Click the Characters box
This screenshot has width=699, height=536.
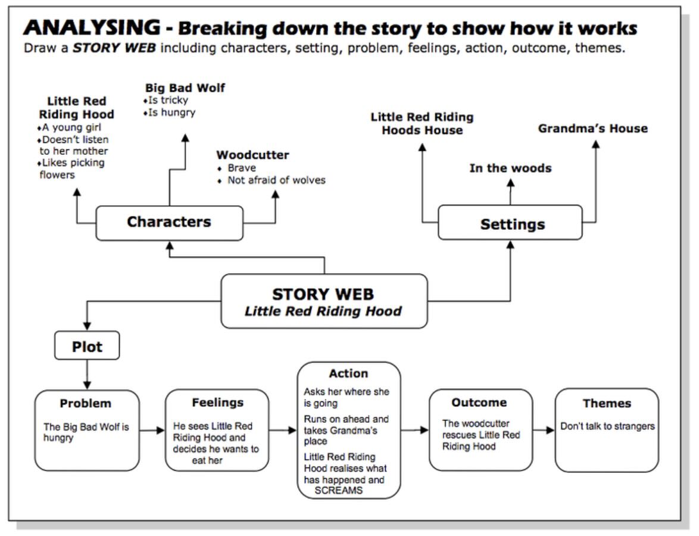169,223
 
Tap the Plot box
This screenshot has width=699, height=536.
87,346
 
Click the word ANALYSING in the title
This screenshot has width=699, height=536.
93,27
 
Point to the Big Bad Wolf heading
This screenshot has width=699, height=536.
185,88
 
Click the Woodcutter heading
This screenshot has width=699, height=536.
252,155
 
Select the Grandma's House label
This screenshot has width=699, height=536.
592,128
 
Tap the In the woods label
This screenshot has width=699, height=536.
510,168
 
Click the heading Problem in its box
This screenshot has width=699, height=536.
85,403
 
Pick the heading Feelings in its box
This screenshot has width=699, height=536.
217,402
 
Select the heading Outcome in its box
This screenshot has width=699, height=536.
479,402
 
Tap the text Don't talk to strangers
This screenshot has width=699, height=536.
607,426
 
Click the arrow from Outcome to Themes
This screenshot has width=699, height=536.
544,430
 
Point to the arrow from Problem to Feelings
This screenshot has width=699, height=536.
152,430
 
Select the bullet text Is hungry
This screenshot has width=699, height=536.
171,111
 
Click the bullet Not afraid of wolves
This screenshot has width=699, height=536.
276,180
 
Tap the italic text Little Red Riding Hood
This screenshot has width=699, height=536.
323,311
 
